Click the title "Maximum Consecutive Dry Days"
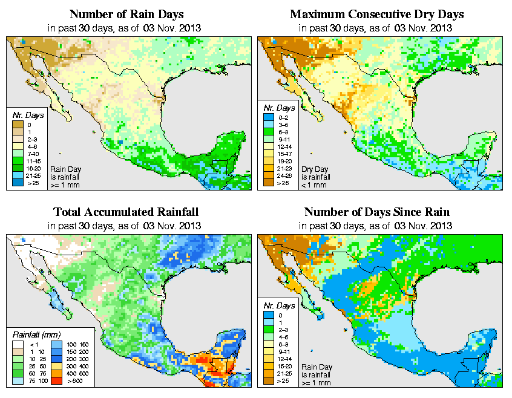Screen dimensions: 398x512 (x=377, y=14)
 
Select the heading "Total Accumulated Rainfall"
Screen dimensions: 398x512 (x=125, y=212)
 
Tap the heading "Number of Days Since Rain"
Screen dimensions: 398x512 (x=377, y=212)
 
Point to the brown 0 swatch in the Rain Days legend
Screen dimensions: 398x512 (x=18, y=125)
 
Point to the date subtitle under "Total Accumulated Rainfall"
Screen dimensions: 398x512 (x=125, y=226)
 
